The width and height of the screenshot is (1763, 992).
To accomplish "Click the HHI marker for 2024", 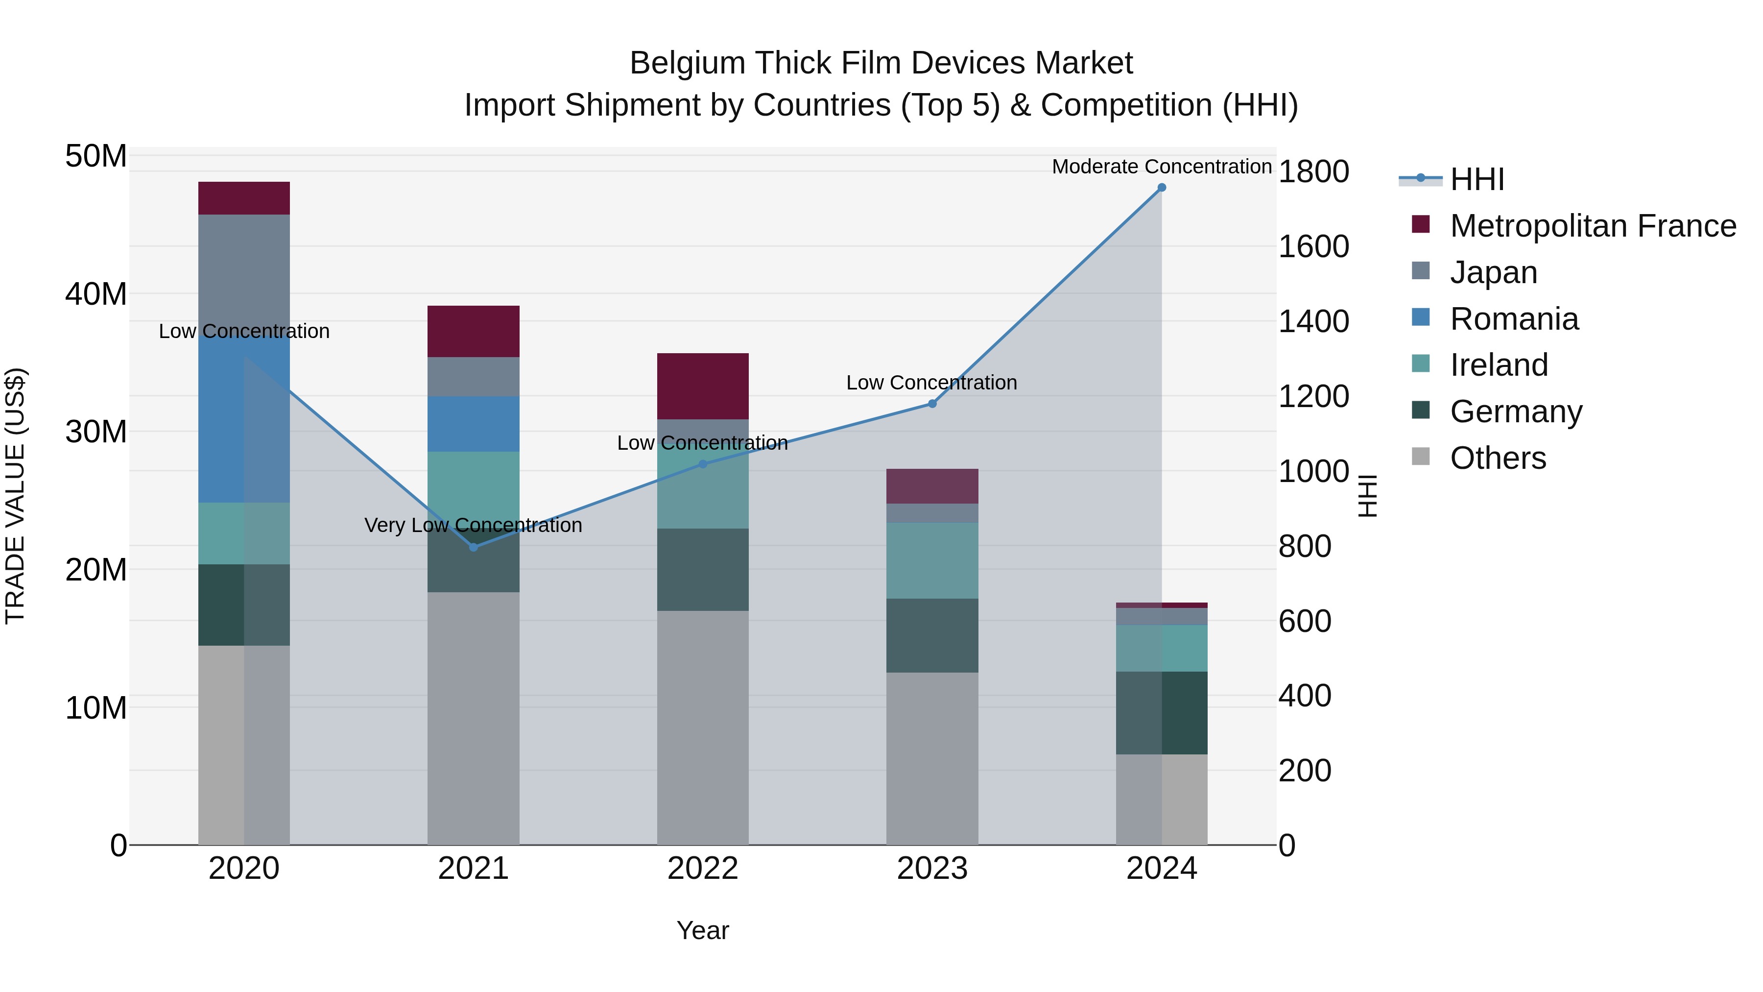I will [x=1162, y=188].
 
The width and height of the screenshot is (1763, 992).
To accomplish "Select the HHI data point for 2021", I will [x=474, y=547].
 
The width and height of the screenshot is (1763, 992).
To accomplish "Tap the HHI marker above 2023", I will [x=932, y=404].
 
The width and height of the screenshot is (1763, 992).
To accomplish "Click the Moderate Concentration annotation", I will [x=1162, y=167].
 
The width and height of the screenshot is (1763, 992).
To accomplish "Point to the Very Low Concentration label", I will [x=473, y=526].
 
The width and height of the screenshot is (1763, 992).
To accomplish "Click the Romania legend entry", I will [x=1514, y=319].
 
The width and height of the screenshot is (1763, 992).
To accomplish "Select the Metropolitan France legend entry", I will [x=1593, y=226].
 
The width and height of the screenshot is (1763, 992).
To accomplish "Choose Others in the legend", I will [x=1498, y=458].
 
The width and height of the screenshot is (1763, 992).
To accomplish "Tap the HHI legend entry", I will [x=1477, y=179].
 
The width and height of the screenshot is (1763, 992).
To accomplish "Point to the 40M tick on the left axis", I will [x=96, y=294].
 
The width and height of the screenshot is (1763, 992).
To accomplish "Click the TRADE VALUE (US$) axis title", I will [x=15, y=496].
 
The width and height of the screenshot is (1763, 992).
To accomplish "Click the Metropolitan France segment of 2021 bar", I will [x=474, y=331].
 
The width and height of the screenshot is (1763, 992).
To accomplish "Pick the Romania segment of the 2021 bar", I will [x=474, y=424].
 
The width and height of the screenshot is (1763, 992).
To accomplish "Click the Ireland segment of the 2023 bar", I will [x=932, y=561].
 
